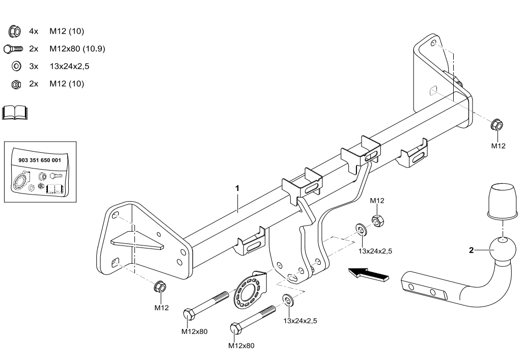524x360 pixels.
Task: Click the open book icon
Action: tap(15, 113)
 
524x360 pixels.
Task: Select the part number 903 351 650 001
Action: tap(39, 159)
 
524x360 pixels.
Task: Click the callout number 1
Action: tap(237, 188)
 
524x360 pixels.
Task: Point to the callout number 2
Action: tap(471, 250)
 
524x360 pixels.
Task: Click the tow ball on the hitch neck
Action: tap(502, 251)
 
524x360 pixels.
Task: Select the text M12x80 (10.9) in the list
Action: tap(77, 49)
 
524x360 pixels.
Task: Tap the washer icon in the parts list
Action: tap(16, 66)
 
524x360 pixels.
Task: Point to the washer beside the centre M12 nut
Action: tap(361, 230)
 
